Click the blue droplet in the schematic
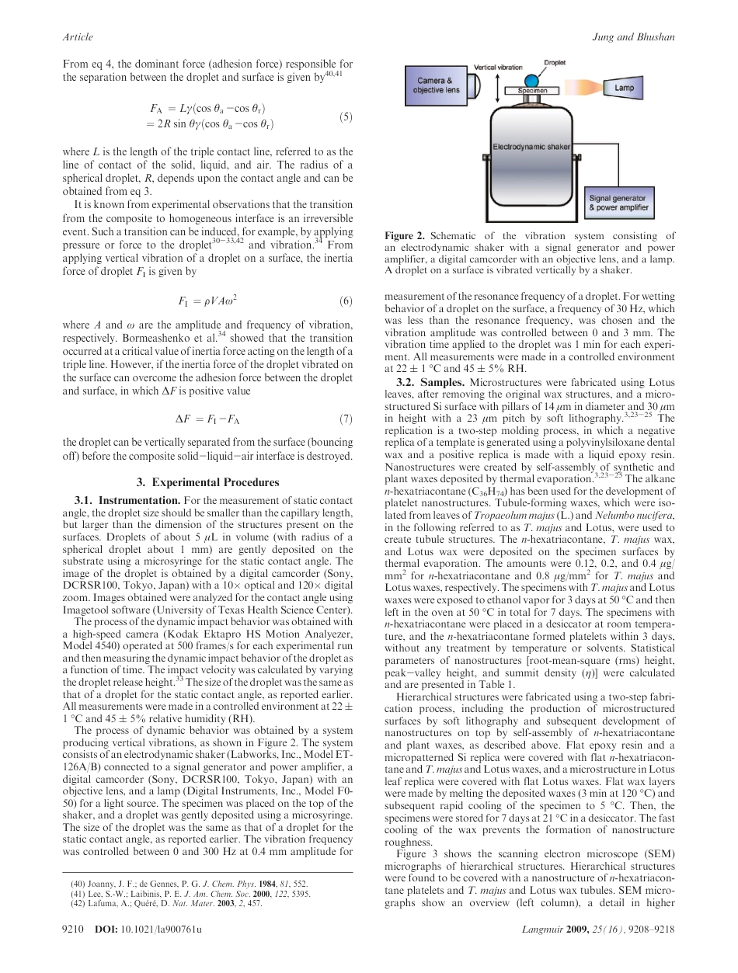click(533, 81)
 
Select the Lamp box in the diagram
click(625, 89)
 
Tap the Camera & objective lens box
click(437, 85)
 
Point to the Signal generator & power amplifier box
click(618, 204)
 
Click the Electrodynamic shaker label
click(531, 146)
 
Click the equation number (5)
click(346, 117)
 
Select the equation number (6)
click(346, 301)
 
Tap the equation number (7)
click(346, 420)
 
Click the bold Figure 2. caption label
click(403, 236)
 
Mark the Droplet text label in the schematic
click(555, 62)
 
